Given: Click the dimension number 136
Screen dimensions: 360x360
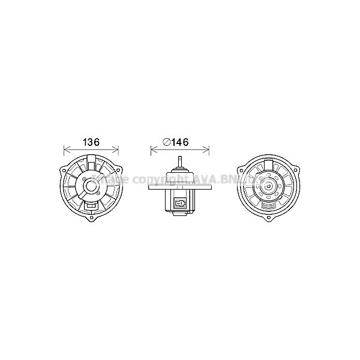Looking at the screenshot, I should click(91, 143).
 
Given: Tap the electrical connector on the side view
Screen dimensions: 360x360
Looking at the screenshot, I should click(179, 203).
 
